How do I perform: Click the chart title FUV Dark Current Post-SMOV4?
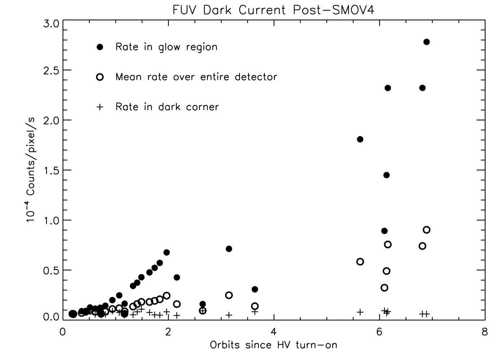coord(273,10)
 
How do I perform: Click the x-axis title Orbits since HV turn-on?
coord(274,345)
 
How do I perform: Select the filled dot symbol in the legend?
coord(100,47)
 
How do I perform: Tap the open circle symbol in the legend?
coord(100,77)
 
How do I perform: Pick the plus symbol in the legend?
coord(100,107)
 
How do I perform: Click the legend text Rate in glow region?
coord(166,47)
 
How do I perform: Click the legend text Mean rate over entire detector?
coord(196,77)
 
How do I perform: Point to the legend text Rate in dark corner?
coord(167,107)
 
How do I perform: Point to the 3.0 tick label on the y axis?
coord(50,24)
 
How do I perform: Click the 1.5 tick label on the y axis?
coord(50,170)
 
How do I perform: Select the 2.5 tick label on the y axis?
coord(50,70)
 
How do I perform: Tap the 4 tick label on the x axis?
coord(274,332)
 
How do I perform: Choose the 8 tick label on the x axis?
coord(485,332)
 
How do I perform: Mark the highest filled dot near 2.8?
coord(427,42)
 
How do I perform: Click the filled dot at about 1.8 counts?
coord(360,139)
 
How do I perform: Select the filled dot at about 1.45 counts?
coord(386,175)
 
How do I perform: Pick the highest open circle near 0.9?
coord(427,230)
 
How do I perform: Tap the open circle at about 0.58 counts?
coord(360,262)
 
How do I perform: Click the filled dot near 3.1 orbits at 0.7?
coord(229,249)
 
